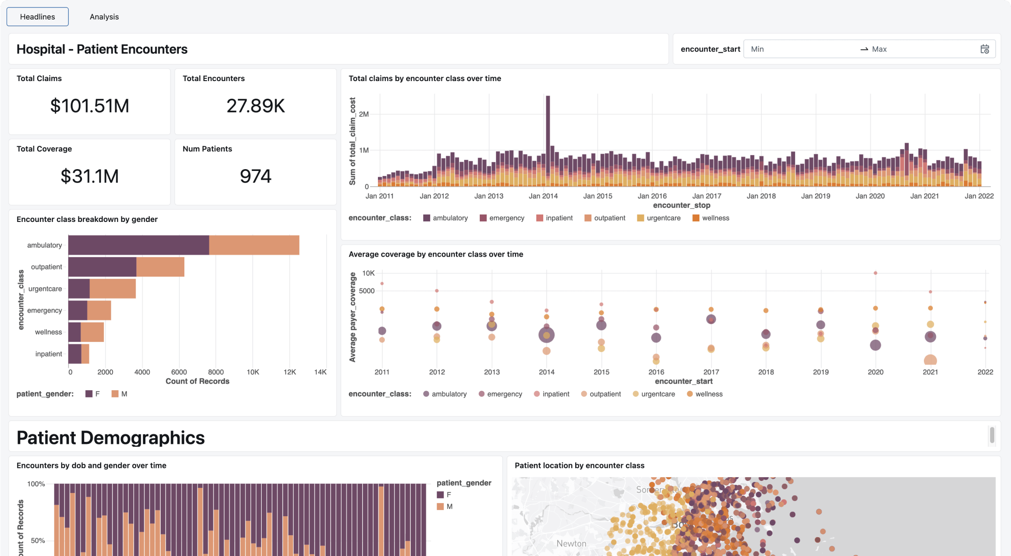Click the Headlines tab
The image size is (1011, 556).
pos(38,17)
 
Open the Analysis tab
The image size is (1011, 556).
pos(104,17)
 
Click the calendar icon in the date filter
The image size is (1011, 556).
pos(985,49)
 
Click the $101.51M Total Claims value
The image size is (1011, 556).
pos(89,106)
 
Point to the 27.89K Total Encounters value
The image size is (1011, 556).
pos(255,106)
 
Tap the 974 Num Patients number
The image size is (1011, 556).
pos(255,176)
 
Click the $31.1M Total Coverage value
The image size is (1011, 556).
pos(89,176)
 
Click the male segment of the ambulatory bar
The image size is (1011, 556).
pos(254,245)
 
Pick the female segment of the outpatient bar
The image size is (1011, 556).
pos(102,267)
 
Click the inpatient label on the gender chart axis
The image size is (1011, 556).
pos(49,354)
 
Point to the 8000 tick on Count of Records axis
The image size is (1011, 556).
pos(216,372)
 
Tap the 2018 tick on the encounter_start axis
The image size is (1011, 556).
pos(766,372)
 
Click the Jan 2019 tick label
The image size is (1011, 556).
pos(815,196)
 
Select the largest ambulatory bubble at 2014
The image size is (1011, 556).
pos(546,335)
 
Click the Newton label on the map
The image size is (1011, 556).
pos(571,543)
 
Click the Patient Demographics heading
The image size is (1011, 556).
pos(111,438)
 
